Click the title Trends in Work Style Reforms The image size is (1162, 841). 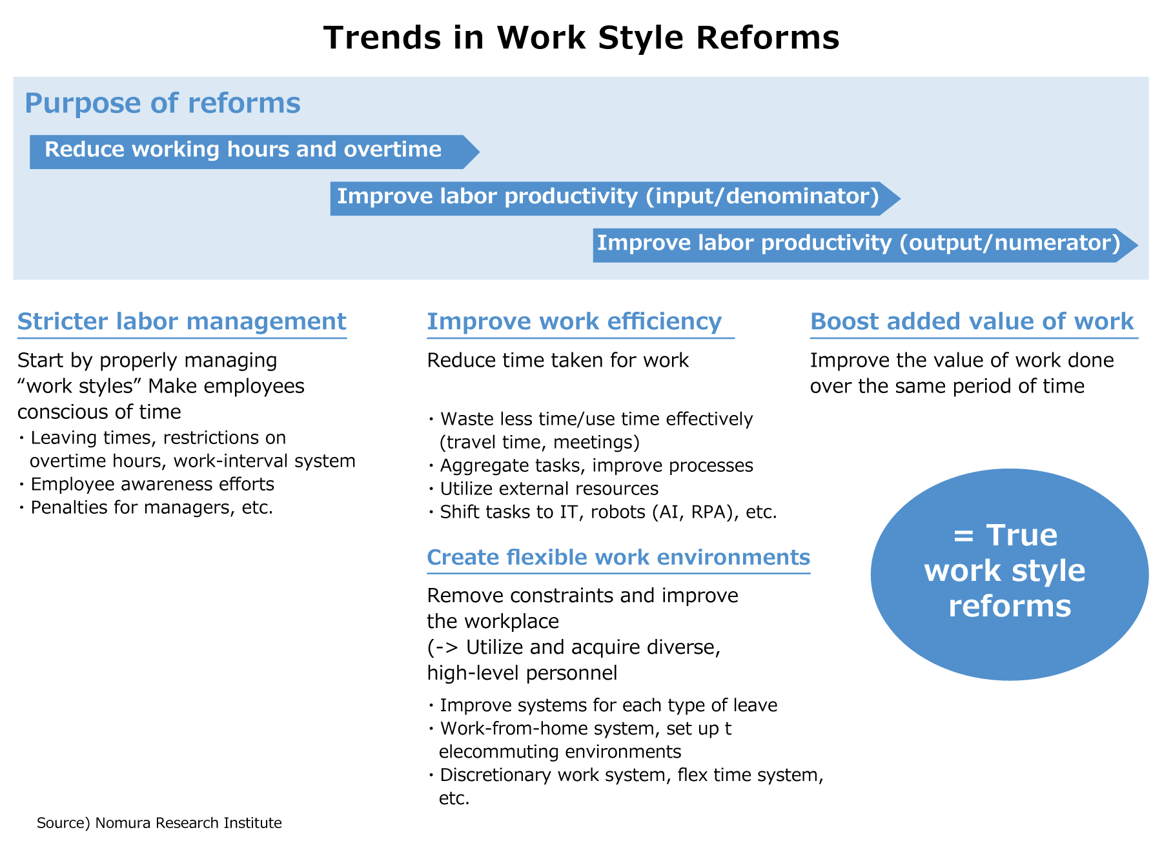click(x=581, y=37)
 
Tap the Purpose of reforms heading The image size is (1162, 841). click(x=162, y=103)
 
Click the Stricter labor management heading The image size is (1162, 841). click(x=181, y=321)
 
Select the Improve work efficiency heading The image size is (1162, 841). click(x=574, y=321)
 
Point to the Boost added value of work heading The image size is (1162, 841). click(x=972, y=321)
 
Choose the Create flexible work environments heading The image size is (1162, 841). click(x=618, y=557)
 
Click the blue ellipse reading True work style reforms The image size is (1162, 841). click(x=1009, y=574)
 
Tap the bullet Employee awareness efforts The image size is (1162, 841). click(x=152, y=484)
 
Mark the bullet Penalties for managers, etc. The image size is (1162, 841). click(x=151, y=507)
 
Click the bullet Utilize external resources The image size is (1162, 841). click(x=548, y=489)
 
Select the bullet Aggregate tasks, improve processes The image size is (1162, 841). click(x=596, y=465)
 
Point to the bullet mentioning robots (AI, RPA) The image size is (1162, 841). click(x=607, y=512)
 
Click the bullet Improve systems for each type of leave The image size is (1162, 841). click(x=607, y=705)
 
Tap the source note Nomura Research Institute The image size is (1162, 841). click(x=159, y=823)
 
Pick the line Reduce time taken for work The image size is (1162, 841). click(x=558, y=360)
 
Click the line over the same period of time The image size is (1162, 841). click(x=947, y=386)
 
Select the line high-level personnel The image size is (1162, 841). click(x=522, y=673)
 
